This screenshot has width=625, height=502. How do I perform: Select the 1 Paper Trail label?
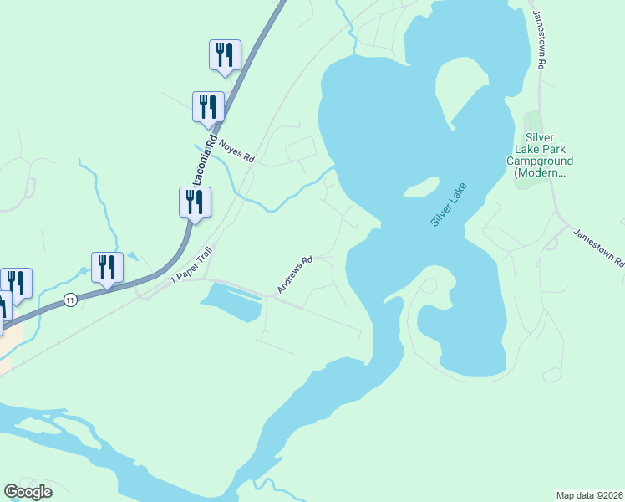pyautogui.click(x=191, y=265)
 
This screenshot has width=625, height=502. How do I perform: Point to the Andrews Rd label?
pyautogui.click(x=295, y=274)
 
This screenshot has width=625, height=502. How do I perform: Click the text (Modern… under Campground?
pyautogui.click(x=540, y=173)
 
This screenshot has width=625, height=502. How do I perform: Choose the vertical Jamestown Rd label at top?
pyautogui.click(x=541, y=40)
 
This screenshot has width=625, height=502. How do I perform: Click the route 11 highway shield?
pyautogui.click(x=72, y=300)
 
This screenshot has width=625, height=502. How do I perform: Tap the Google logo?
pyautogui.click(x=28, y=492)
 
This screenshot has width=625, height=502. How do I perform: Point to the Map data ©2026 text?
pyautogui.click(x=590, y=495)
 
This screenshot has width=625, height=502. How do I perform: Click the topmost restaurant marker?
pyautogui.click(x=225, y=55)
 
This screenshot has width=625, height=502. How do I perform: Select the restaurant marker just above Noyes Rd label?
pyautogui.click(x=208, y=107)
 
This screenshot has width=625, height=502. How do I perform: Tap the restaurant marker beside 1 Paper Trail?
pyautogui.click(x=195, y=202)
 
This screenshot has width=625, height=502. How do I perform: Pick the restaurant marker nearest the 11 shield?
pyautogui.click(x=107, y=268)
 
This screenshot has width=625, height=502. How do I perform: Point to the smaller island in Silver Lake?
pyautogui.click(x=422, y=191)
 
